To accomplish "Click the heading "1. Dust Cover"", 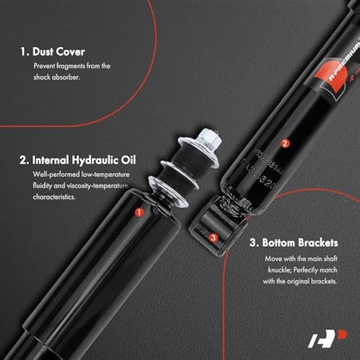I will pos(52,52).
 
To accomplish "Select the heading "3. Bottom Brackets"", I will pos(293,243).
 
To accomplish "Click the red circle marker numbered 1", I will pos(139,212).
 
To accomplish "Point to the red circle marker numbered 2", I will pos(284,143).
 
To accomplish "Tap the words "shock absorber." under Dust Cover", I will pos(58,77).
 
